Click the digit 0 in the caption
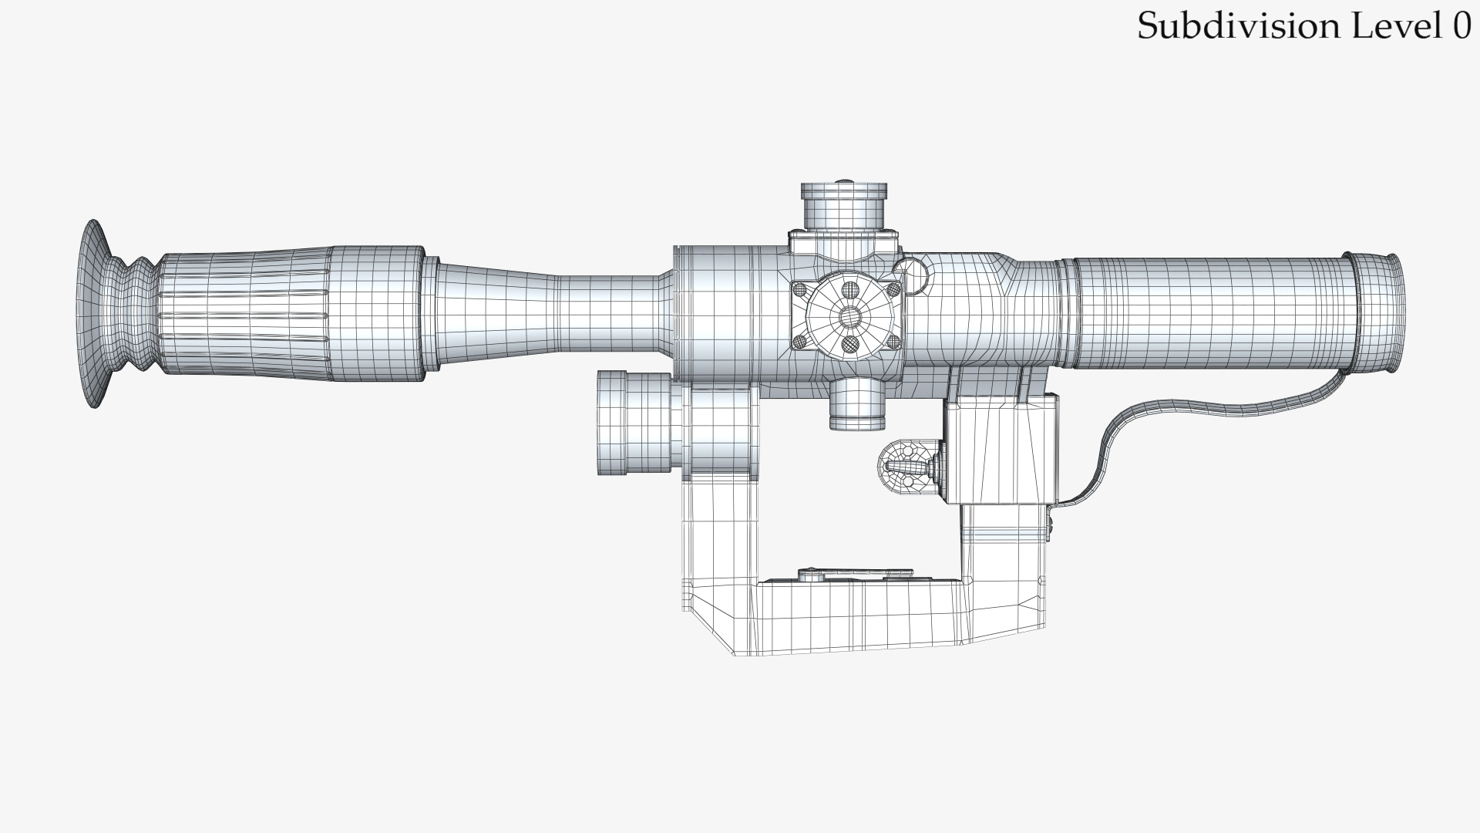pos(1461,26)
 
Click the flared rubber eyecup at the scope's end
pos(96,313)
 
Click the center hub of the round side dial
pos(850,315)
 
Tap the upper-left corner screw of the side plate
pos(799,289)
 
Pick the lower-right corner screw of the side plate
pos(894,341)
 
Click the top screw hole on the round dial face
pos(850,289)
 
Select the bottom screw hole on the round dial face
pos(850,343)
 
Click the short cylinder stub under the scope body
pos(856,404)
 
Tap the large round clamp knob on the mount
pos(634,423)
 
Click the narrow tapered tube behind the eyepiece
pos(540,313)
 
